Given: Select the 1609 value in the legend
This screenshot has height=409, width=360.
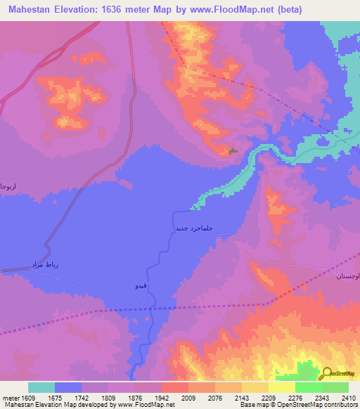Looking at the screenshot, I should coord(28,397).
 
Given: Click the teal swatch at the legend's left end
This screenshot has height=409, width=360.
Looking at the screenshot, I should coord(41,387).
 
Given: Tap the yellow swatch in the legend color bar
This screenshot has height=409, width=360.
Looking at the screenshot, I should coord(281,387).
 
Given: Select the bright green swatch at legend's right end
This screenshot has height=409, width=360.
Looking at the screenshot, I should coord(335,387).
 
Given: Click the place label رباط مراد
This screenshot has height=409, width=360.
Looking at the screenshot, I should coord(42,264).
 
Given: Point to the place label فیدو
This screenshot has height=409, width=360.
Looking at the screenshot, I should coord(141,286).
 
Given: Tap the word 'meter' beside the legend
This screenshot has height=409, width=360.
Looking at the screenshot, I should coord(10,397).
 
